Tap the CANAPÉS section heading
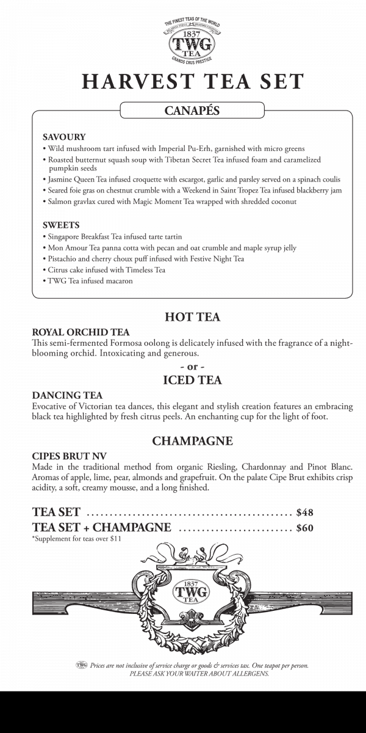point(192,111)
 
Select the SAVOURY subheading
point(64,137)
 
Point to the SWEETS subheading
point(61,225)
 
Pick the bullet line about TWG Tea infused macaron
point(88,281)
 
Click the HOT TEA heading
point(192,317)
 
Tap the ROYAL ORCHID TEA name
point(81,332)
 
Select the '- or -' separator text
point(192,366)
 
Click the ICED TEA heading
point(192,381)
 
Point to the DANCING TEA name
point(67,395)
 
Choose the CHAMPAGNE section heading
point(192,440)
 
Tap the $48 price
point(304,512)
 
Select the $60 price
point(304,528)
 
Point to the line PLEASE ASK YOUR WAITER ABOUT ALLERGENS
point(199,674)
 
